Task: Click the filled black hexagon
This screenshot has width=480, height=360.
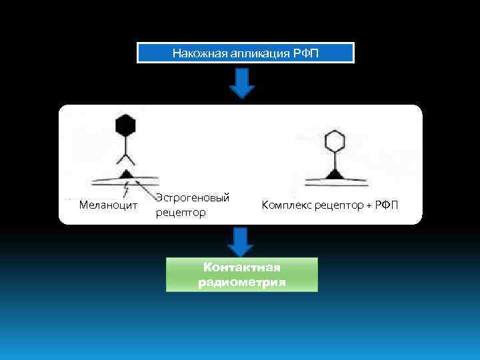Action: click(x=125, y=125)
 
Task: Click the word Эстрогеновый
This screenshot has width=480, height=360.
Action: click(x=193, y=197)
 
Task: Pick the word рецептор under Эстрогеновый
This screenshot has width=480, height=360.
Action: click(x=181, y=213)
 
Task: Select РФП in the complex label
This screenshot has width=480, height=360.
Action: click(x=387, y=205)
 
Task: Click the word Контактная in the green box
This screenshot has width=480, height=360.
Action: click(x=242, y=268)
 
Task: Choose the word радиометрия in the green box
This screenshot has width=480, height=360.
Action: click(x=242, y=282)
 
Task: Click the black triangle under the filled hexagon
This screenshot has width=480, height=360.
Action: click(x=125, y=174)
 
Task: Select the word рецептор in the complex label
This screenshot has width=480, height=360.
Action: click(x=338, y=205)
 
